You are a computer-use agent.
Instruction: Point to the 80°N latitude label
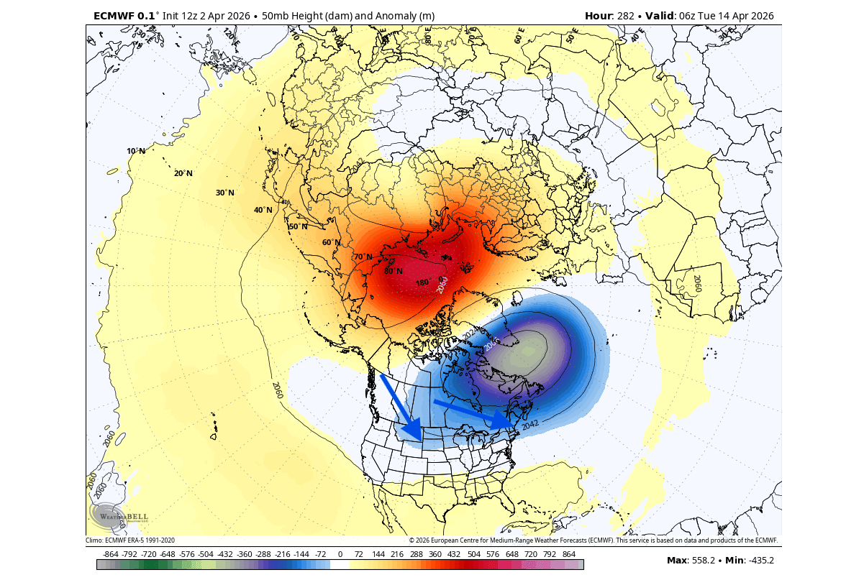pyautogui.click(x=393, y=271)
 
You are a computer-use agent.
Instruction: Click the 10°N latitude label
pyautogui.click(x=136, y=151)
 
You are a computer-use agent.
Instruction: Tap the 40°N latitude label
pyautogui.click(x=263, y=210)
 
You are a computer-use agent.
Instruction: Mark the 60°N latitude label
pyautogui.click(x=331, y=242)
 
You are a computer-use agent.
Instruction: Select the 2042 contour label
pyautogui.click(x=529, y=425)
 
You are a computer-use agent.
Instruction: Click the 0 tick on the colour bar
pyautogui.click(x=340, y=555)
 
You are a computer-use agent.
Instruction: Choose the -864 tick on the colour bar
pyautogui.click(x=111, y=555)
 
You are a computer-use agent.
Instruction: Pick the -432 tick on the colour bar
pyautogui.click(x=224, y=555)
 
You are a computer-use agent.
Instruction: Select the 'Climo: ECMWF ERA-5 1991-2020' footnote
pyautogui.click(x=130, y=540)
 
